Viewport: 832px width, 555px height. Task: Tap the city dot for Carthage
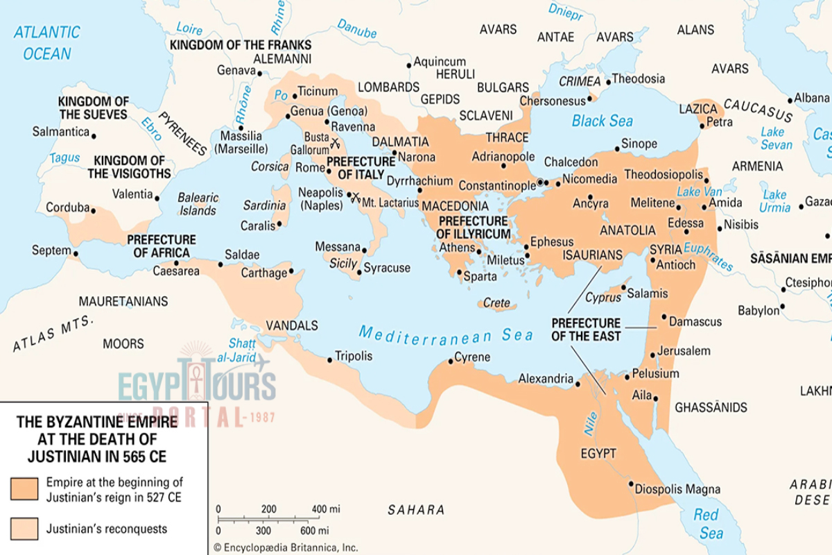coord(291,271)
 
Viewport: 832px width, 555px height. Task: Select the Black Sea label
coord(602,121)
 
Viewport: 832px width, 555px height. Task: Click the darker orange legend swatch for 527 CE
coord(24,488)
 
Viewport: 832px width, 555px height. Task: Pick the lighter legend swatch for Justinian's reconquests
coord(24,529)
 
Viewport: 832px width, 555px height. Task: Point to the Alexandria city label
coord(546,379)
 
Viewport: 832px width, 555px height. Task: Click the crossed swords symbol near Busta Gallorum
coord(336,144)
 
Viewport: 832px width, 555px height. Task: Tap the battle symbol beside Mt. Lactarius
coord(354,197)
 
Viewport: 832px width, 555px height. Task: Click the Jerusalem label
coord(684,351)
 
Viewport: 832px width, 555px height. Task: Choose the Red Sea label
coord(707,523)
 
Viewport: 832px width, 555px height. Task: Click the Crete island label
coord(496,303)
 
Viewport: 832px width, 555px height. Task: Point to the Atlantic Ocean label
coord(47,42)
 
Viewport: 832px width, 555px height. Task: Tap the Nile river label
coord(590,423)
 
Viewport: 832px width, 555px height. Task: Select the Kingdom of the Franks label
coord(241,44)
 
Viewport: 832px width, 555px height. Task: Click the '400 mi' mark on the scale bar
coord(325,509)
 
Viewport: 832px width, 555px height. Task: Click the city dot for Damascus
coord(664,317)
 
